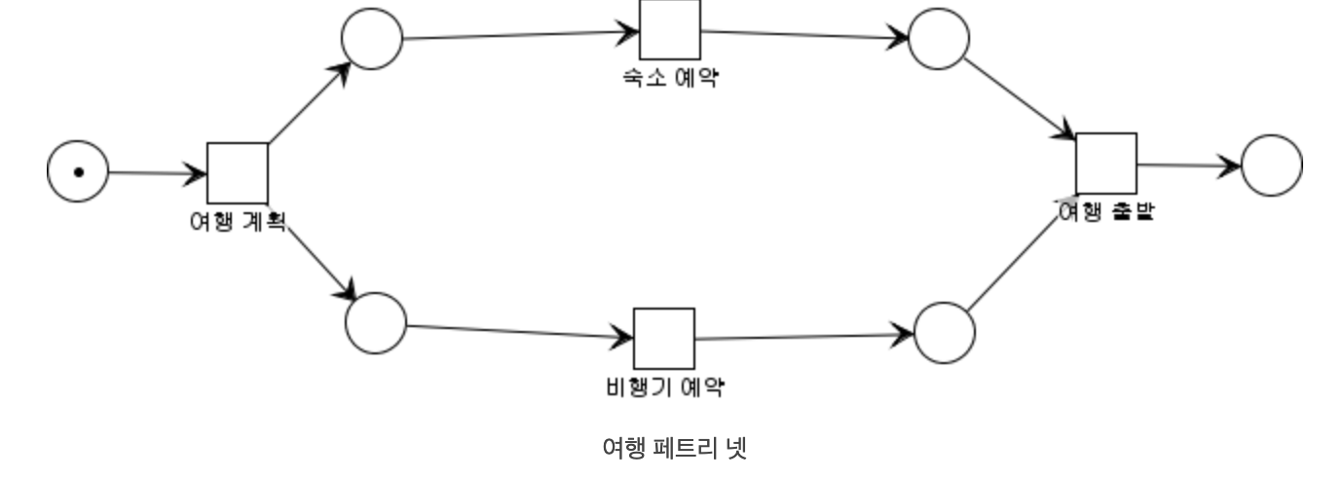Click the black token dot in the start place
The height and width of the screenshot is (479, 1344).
(x=78, y=172)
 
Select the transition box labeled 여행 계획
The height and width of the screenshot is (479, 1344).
(x=238, y=173)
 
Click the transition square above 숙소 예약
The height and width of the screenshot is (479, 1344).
(x=669, y=29)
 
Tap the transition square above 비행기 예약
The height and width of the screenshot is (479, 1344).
(x=664, y=339)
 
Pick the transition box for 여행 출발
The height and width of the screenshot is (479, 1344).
(x=1106, y=164)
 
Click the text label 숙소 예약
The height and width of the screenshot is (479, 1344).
(x=670, y=78)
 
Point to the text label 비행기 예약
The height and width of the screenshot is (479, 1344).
(x=665, y=387)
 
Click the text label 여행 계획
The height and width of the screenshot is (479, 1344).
(x=237, y=222)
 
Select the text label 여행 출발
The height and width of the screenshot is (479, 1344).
(x=1106, y=210)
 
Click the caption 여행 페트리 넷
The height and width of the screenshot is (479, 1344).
(x=674, y=449)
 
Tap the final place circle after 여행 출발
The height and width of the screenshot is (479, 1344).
(x=1272, y=166)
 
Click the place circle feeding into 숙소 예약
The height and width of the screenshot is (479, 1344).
(x=372, y=39)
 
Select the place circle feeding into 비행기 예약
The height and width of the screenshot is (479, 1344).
(x=376, y=323)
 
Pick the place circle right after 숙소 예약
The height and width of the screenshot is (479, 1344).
(x=939, y=39)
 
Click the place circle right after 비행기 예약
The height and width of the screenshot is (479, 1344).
(x=945, y=333)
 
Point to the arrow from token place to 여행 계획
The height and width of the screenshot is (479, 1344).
(x=157, y=173)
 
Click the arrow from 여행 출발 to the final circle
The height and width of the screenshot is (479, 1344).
(x=1189, y=166)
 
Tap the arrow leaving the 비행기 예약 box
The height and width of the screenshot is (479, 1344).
(x=804, y=337)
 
